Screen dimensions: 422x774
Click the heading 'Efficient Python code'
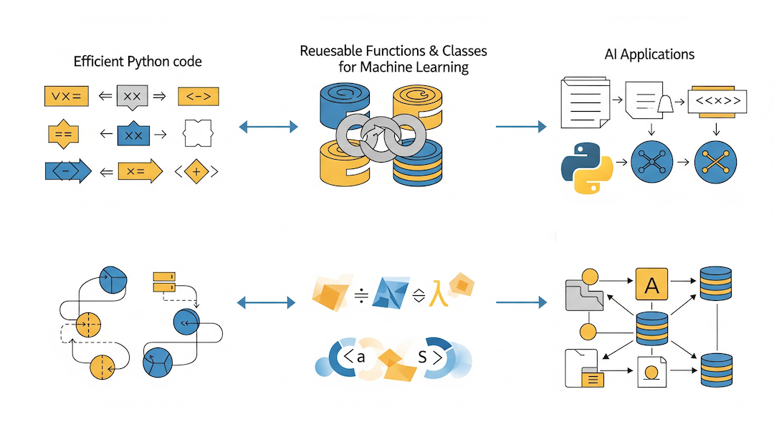pyautogui.click(x=138, y=62)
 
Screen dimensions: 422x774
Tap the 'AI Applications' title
pyautogui.click(x=649, y=54)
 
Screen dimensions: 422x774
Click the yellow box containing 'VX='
pyautogui.click(x=65, y=95)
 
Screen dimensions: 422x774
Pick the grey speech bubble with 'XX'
pyautogui.click(x=131, y=97)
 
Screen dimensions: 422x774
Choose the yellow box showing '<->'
pyautogui.click(x=198, y=96)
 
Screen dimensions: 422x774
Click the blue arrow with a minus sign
pyautogui.click(x=67, y=171)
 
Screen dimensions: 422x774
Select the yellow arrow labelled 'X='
pyautogui.click(x=132, y=171)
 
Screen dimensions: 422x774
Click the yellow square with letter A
pyautogui.click(x=651, y=286)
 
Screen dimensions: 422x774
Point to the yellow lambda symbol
pyautogui.click(x=434, y=294)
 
